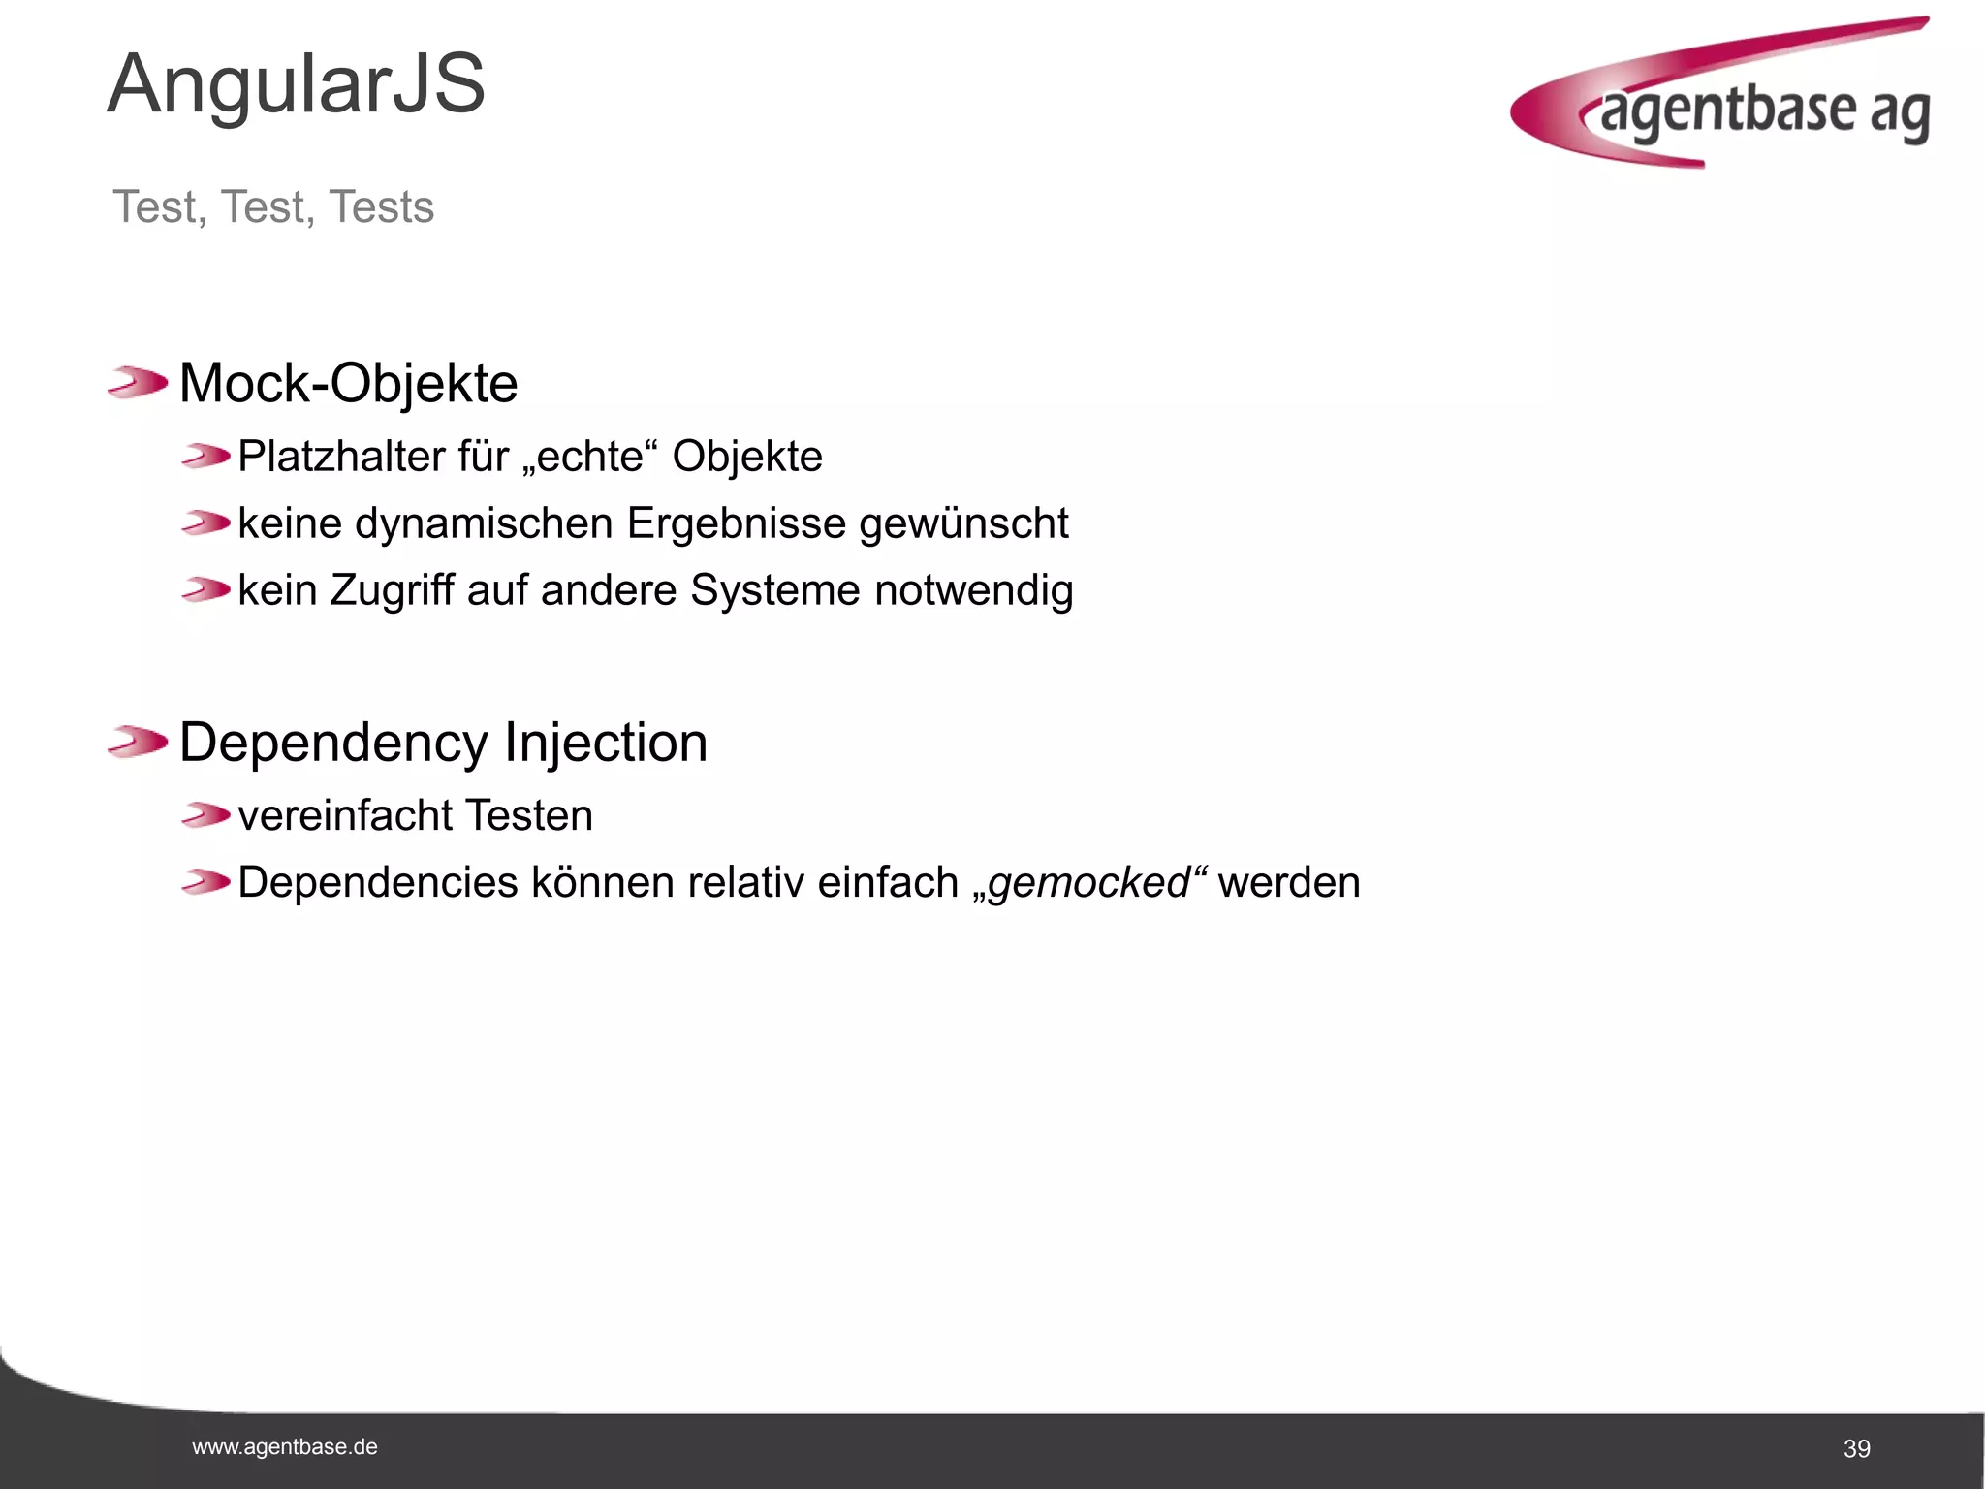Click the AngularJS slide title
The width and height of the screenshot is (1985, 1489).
click(x=296, y=84)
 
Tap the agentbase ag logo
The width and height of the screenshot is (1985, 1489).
click(x=1721, y=97)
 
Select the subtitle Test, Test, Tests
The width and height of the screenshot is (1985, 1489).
click(x=273, y=206)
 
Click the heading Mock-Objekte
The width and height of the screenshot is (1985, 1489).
click(x=348, y=383)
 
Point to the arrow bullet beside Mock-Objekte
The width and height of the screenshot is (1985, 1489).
click(x=138, y=382)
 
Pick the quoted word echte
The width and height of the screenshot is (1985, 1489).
click(x=590, y=457)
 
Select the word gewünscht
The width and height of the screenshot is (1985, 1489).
click(x=963, y=523)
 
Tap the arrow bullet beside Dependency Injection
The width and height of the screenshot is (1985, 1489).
click(x=138, y=743)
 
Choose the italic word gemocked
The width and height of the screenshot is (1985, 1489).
click(x=1088, y=883)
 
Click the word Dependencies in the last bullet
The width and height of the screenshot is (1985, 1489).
click(x=378, y=883)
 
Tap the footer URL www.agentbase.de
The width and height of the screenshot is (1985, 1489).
click(x=285, y=1447)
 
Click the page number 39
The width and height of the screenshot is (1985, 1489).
click(x=1856, y=1449)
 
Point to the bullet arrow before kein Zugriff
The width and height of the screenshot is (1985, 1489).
click(x=205, y=589)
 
